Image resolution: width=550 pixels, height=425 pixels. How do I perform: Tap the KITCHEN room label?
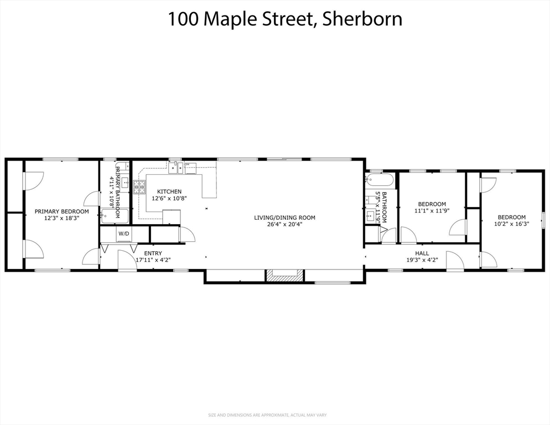click(x=166, y=191)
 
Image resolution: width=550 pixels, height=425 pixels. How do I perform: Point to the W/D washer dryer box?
click(x=123, y=234)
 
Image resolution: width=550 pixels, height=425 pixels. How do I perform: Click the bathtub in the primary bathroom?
click(x=114, y=216)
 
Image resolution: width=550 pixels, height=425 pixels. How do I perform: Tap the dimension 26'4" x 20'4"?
click(x=284, y=225)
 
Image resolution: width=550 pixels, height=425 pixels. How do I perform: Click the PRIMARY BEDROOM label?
click(x=61, y=211)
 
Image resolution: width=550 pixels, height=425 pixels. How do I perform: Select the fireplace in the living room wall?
click(x=284, y=276)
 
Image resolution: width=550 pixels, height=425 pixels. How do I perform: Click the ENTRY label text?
click(x=153, y=253)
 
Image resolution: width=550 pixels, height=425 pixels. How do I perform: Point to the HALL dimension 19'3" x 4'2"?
click(x=422, y=260)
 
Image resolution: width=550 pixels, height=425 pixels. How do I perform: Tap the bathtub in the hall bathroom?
click(x=379, y=180)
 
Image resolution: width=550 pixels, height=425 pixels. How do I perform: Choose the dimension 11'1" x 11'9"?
click(x=432, y=211)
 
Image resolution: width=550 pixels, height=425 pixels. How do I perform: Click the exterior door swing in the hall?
click(x=455, y=261)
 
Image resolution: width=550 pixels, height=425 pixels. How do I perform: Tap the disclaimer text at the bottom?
click(x=275, y=415)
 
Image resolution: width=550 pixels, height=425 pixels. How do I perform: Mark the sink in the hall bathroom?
click(x=370, y=215)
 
